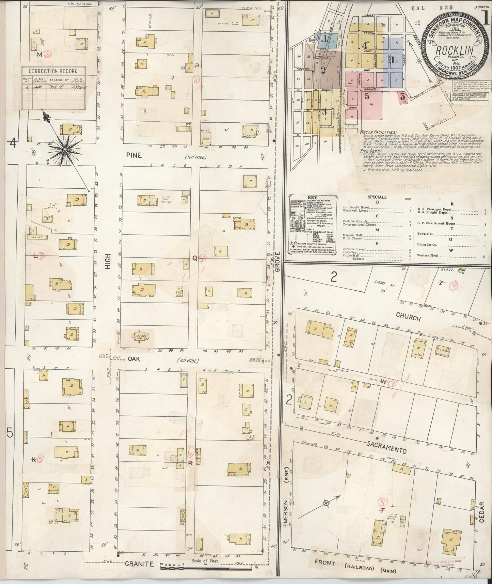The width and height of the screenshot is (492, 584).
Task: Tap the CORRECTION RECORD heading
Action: click(53, 71)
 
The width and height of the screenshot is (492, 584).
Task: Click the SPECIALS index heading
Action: click(377, 197)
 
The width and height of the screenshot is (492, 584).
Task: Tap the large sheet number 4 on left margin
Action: click(13, 143)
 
